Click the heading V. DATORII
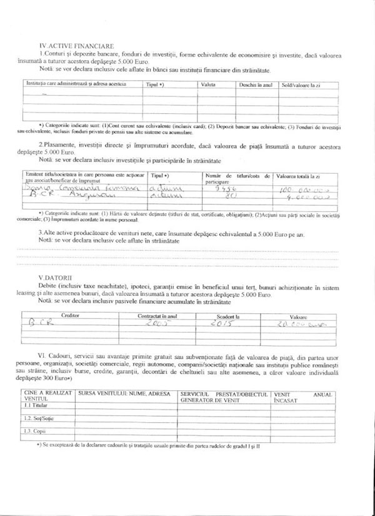pos(55,277)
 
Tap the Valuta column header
pos(209,84)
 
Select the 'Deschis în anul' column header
pos(256,84)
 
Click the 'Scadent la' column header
pos(228,316)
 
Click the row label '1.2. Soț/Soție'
pos(39,418)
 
